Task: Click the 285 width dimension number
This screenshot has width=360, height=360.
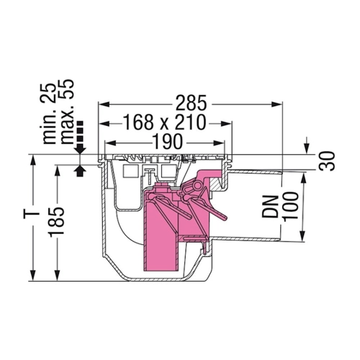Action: click(191, 104)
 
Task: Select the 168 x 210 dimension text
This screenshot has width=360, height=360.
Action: click(165, 122)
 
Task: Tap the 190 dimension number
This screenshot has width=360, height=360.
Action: click(168, 142)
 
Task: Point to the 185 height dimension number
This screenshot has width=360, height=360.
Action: click(57, 222)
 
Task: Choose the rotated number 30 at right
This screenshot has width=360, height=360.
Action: click(328, 161)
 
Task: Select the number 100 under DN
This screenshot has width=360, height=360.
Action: click(291, 205)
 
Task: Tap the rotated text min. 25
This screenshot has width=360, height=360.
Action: click(50, 114)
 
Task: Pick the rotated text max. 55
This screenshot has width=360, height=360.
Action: click(66, 112)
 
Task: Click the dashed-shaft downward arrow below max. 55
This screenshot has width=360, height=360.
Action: click(80, 138)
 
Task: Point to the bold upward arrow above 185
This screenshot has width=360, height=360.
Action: click(80, 171)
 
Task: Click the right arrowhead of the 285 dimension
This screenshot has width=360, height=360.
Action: click(276, 104)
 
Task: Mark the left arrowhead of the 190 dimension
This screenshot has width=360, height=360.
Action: click(110, 143)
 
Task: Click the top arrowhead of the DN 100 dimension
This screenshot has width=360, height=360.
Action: click(302, 179)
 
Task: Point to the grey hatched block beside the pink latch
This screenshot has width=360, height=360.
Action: click(216, 184)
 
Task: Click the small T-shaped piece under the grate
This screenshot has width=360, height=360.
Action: click(150, 174)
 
